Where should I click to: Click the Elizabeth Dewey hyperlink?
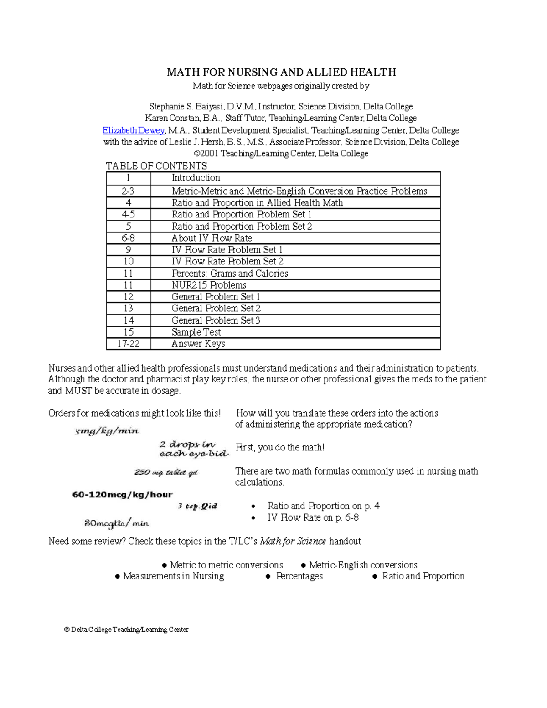[x=133, y=130]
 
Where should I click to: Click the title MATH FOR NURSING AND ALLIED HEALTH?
[x=281, y=72]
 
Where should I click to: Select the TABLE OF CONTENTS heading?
[x=156, y=166]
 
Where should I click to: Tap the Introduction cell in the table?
[x=196, y=178]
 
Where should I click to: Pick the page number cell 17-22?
[x=128, y=344]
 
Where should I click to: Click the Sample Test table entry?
[x=196, y=332]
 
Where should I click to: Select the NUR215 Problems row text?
[x=209, y=285]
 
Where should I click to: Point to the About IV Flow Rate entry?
[x=212, y=238]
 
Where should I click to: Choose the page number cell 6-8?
[x=128, y=238]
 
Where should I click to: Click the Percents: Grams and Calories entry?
[x=230, y=274]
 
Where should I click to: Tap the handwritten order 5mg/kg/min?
[x=107, y=431]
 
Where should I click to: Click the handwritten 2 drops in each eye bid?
[x=193, y=449]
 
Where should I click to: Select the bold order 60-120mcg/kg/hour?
[x=122, y=495]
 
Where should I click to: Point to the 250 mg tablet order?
[x=166, y=472]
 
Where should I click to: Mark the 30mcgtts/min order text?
[x=116, y=523]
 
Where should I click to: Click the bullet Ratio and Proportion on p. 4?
[x=323, y=506]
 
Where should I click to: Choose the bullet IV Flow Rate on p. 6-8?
[x=313, y=517]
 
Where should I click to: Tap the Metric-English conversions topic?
[x=363, y=565]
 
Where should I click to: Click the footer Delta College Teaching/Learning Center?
[x=126, y=630]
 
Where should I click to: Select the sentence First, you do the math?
[x=280, y=448]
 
